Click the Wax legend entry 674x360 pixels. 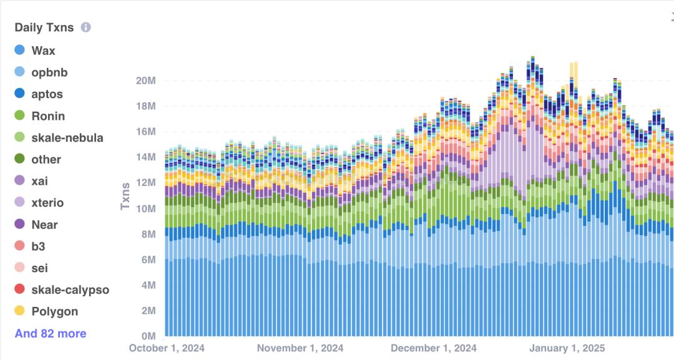click(x=43, y=51)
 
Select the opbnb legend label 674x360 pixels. click(x=49, y=72)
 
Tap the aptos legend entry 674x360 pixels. click(x=47, y=94)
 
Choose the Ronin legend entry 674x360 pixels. click(x=48, y=116)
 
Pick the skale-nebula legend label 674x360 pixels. click(x=67, y=138)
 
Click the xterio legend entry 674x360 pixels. click(x=47, y=203)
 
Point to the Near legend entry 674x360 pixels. click(x=44, y=225)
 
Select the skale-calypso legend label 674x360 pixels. click(x=70, y=289)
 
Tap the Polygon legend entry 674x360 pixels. click(x=54, y=311)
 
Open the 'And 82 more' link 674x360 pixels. click(x=51, y=334)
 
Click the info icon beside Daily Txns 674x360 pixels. click(x=86, y=27)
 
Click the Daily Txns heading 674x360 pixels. click(x=44, y=27)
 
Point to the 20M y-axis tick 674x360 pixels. click(x=145, y=80)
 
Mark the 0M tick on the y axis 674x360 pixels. click(x=147, y=336)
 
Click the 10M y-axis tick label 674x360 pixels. click(x=145, y=208)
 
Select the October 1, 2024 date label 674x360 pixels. click(x=167, y=348)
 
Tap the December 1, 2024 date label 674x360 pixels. click(x=434, y=348)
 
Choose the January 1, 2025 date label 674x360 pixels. click(x=566, y=348)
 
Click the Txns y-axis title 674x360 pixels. click(x=125, y=195)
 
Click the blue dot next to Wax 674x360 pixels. click(x=19, y=51)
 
